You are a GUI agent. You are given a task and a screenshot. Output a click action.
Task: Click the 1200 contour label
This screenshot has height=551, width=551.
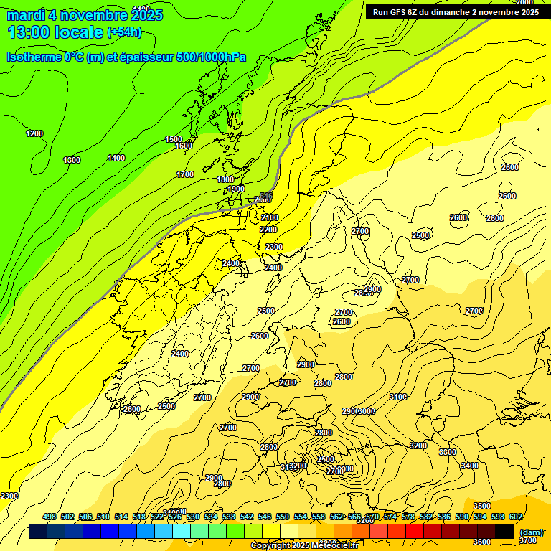(x=34, y=133)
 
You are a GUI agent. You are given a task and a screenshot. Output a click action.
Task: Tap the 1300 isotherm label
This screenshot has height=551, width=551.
(x=72, y=160)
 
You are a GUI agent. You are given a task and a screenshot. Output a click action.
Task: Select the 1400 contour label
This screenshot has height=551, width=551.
(x=116, y=158)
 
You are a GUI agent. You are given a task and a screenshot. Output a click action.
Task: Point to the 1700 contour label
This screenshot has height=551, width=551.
(x=185, y=174)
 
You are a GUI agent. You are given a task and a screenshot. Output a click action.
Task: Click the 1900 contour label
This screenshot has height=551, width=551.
(x=236, y=189)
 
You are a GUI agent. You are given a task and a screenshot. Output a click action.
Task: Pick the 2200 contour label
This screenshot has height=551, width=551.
(x=268, y=230)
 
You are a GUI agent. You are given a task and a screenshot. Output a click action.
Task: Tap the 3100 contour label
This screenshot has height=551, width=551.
(x=398, y=397)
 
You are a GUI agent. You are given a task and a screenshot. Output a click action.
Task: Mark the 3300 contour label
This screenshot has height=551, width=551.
(x=448, y=452)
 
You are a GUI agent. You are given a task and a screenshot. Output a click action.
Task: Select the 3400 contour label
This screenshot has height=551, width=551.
(x=469, y=466)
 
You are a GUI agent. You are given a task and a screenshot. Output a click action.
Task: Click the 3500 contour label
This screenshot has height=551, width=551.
(x=482, y=506)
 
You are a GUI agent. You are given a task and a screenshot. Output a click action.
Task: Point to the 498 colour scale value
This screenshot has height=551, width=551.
(x=50, y=517)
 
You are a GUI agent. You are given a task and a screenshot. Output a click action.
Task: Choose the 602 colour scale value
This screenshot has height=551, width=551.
(x=516, y=517)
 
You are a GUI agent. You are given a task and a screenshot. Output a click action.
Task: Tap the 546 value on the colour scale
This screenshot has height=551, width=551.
(x=265, y=517)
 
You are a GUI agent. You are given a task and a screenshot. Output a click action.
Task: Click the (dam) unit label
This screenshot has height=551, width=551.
(x=531, y=532)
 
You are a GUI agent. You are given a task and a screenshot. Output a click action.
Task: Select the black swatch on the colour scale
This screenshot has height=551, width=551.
(x=504, y=531)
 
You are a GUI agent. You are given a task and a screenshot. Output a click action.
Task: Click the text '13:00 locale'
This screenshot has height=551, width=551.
(x=55, y=32)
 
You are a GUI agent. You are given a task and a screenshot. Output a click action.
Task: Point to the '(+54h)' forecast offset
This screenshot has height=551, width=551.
(x=124, y=32)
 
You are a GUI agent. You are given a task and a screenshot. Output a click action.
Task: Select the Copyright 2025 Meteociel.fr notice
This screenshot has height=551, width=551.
(x=304, y=546)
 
